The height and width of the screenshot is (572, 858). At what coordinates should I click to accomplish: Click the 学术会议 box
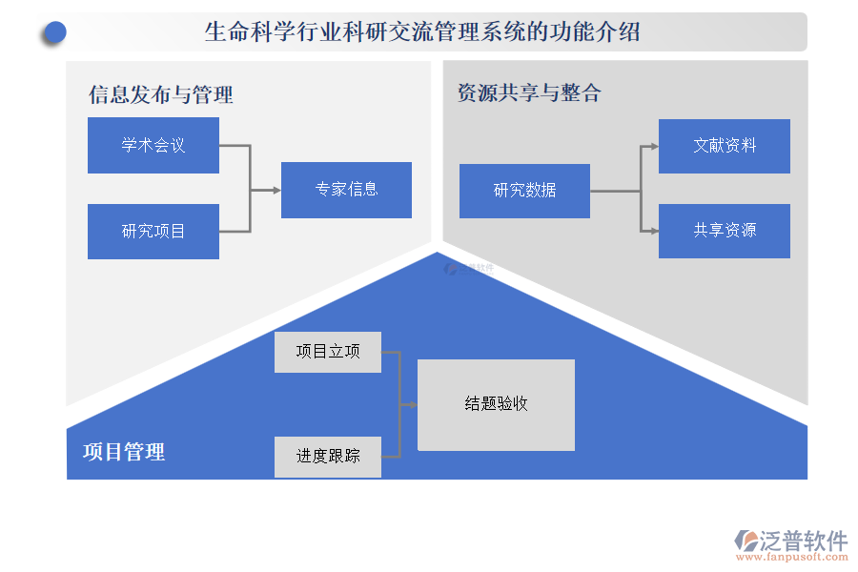pyautogui.click(x=153, y=145)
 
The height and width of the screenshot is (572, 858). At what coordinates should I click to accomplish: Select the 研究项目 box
pyautogui.click(x=153, y=231)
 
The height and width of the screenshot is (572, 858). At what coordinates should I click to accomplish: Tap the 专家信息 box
pyautogui.click(x=346, y=190)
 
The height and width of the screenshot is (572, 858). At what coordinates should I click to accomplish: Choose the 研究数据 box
pyautogui.click(x=524, y=191)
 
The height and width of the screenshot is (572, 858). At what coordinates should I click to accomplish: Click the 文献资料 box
pyautogui.click(x=724, y=146)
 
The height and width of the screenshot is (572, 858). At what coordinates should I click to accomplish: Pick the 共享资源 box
pyautogui.click(x=724, y=231)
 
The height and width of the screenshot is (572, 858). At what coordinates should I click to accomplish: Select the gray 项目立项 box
pyautogui.click(x=327, y=352)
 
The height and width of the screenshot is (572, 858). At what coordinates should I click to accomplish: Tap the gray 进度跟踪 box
pyautogui.click(x=327, y=457)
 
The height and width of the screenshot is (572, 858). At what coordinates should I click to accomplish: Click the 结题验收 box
pyautogui.click(x=496, y=404)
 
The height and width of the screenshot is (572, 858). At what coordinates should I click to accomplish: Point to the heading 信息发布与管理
pyautogui.click(x=160, y=94)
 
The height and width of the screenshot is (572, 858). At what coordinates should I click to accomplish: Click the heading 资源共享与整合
pyautogui.click(x=529, y=92)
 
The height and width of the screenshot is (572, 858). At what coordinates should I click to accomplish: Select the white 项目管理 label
pyautogui.click(x=124, y=452)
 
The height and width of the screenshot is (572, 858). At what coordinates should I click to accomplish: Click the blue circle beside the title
pyautogui.click(x=54, y=33)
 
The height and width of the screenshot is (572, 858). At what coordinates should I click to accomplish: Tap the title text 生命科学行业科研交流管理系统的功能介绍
pyautogui.click(x=422, y=32)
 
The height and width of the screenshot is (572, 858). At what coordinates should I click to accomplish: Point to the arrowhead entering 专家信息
pyautogui.click(x=276, y=190)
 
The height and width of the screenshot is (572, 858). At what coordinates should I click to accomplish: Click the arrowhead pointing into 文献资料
pyautogui.click(x=654, y=146)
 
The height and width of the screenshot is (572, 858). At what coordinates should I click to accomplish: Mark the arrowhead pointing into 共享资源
pyautogui.click(x=654, y=231)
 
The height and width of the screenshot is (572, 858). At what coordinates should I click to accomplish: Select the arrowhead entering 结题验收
pyautogui.click(x=413, y=404)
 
